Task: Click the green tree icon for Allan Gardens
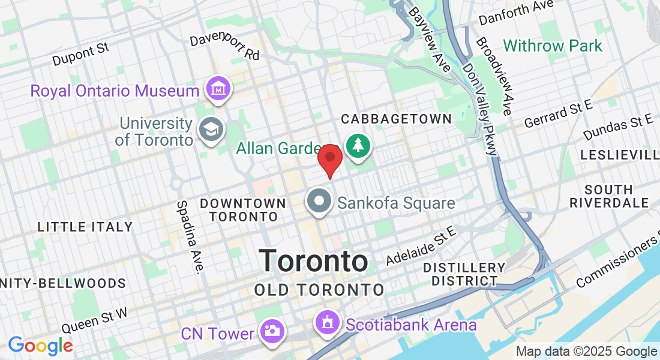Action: pyautogui.click(x=358, y=145)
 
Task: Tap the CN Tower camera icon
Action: pyautogui.click(x=272, y=331)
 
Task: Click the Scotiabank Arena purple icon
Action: pyautogui.click(x=328, y=323)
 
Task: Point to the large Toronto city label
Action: pyautogui.click(x=314, y=261)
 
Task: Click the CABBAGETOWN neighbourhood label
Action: pyautogui.click(x=396, y=119)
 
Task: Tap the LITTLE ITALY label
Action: pyautogui.click(x=85, y=227)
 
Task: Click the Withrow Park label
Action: pyautogui.click(x=553, y=46)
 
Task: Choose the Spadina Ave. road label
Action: pyautogui.click(x=189, y=236)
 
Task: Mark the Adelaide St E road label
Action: pyautogui.click(x=421, y=246)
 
